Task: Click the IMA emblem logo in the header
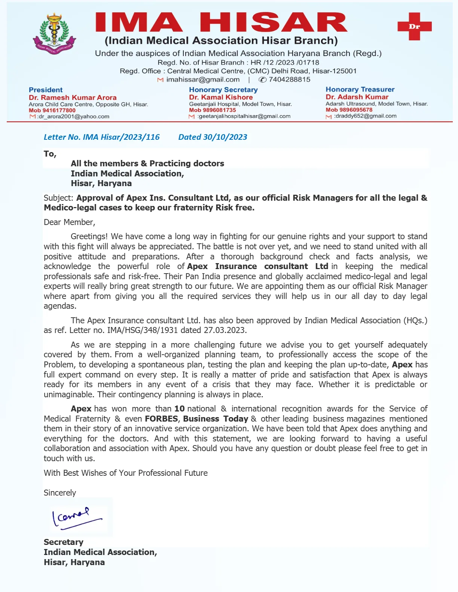pos(55,34)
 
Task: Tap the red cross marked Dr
pos(414,26)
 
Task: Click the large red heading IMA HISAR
pos(221,22)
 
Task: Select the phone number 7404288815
pos(289,80)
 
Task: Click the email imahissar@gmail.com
pos(203,80)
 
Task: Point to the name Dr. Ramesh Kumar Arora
pos(73,98)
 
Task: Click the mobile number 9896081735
pos(213,110)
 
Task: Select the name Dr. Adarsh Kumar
pos(357,97)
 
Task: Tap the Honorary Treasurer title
pos(360,89)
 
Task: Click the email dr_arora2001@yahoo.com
pos(73,117)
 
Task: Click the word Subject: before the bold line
pos(58,198)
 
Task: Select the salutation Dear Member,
pos(70,222)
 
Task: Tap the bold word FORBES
pos(161,419)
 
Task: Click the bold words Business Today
pos(216,419)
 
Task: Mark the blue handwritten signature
pos(77,518)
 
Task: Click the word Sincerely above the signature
pos(60,493)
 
